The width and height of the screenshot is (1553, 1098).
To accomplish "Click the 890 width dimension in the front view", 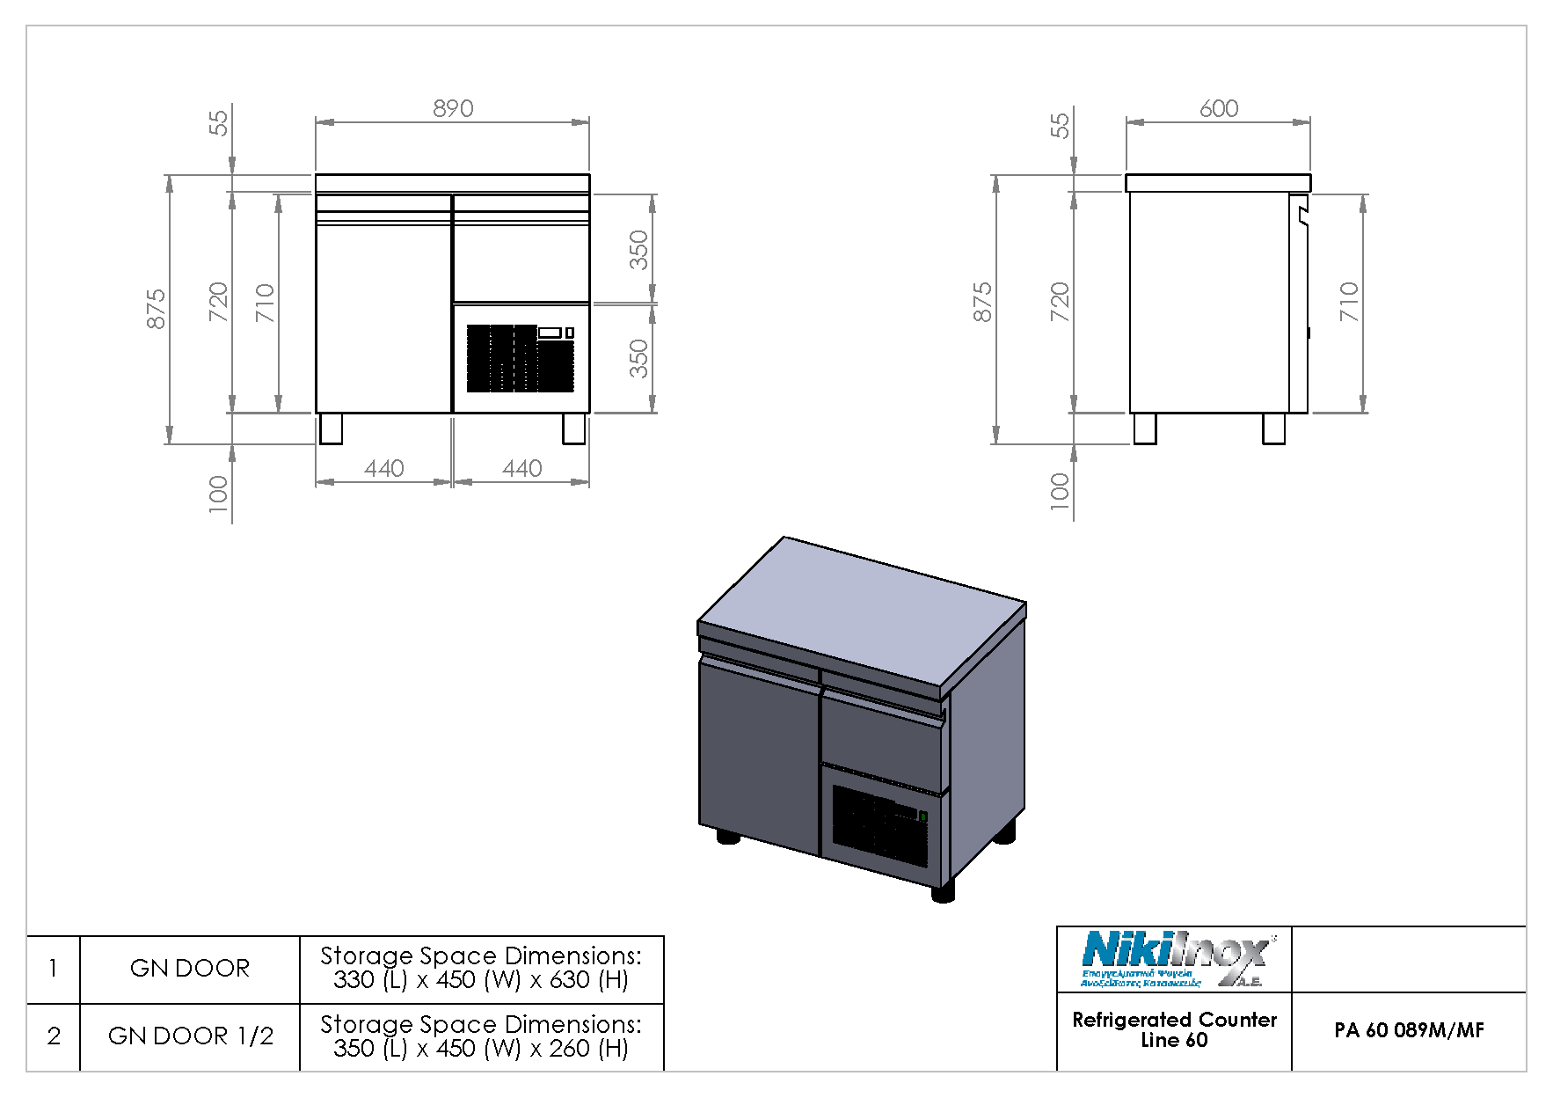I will pos(453,108).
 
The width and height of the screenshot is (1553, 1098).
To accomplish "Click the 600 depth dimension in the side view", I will pos(1218,108).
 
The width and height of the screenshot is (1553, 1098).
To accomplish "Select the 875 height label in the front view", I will pos(156,309).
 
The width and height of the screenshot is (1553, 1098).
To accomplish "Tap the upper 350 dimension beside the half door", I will pos(639,250).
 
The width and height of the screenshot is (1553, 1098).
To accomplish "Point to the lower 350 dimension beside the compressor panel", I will pos(639,358).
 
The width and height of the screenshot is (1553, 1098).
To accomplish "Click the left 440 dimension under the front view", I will pos(384,468).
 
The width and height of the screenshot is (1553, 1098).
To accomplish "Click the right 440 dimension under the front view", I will pos(521,468).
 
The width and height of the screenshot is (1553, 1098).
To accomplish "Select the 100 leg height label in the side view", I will pos(1060,491).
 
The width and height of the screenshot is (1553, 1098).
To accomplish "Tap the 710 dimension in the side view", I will pos(1349,302).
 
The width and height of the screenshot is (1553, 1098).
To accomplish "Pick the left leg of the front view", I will pos(331,428).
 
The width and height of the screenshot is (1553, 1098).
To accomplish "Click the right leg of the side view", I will pos(1273,428).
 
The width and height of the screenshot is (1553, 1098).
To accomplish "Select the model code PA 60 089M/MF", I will pos(1408,1030).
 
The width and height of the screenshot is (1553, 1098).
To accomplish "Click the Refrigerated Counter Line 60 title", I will pos(1174,1029).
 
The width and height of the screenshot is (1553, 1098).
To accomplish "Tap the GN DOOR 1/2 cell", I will pos(190,1036).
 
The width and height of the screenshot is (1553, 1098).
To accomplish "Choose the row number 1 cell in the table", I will pos(54,969).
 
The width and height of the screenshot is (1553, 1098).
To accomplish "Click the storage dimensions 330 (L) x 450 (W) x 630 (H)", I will pos(480,980).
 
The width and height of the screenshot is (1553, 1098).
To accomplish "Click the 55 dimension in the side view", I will pos(1060,125).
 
